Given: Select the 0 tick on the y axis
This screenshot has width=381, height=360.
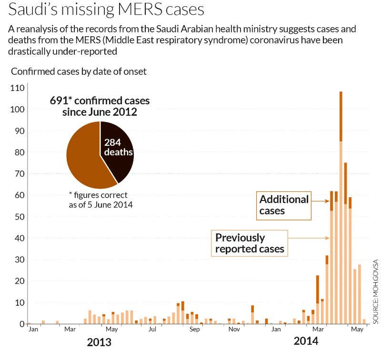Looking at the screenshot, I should [21, 324].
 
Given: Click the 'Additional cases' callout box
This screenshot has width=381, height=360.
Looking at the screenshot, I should [284, 205].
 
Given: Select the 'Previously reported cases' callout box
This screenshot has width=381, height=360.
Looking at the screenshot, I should [250, 243].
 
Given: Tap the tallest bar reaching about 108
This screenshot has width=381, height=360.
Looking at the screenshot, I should [341, 190].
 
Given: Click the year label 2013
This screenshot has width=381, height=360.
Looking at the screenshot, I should [99, 342].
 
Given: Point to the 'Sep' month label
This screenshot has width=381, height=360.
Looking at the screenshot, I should [194, 329].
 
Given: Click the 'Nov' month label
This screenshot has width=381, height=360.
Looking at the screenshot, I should [234, 329].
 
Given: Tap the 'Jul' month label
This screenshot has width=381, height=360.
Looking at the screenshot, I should [152, 329].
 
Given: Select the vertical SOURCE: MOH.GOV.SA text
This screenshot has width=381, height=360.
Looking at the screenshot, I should [375, 291].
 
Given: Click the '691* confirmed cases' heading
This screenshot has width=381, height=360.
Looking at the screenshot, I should [100, 101].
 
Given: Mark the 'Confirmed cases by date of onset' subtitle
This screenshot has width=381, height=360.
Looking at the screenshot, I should [79, 71].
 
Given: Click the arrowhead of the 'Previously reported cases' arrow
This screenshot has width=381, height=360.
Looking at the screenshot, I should [328, 238].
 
